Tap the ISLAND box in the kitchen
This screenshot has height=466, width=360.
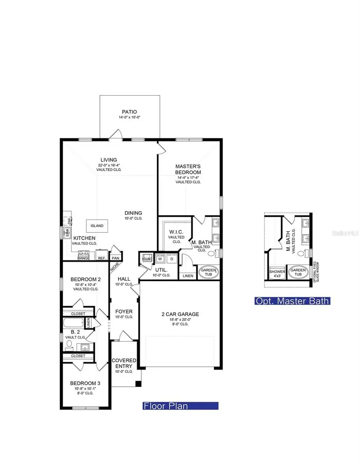point(97,226)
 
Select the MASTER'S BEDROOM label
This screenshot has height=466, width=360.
point(188,169)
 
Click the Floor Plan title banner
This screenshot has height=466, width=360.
point(181,406)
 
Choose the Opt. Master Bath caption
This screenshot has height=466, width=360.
point(292,301)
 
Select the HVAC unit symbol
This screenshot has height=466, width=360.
point(146,259)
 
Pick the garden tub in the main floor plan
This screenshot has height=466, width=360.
point(208,272)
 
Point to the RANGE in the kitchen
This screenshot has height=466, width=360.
point(84,256)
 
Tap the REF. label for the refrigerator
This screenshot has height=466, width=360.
point(102,258)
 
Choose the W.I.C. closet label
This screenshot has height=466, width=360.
point(176,232)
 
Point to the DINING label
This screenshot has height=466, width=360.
point(133,213)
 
